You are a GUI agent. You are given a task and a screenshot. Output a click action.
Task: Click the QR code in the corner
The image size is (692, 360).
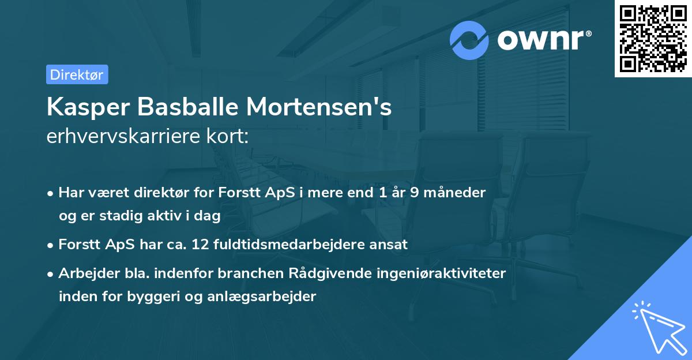click(x=653, y=38)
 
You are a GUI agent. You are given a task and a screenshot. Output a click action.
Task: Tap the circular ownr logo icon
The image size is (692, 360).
click(x=469, y=40)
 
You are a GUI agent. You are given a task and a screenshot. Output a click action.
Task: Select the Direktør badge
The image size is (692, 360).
click(x=77, y=74)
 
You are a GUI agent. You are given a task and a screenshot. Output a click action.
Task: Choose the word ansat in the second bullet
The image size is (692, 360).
click(x=390, y=244)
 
